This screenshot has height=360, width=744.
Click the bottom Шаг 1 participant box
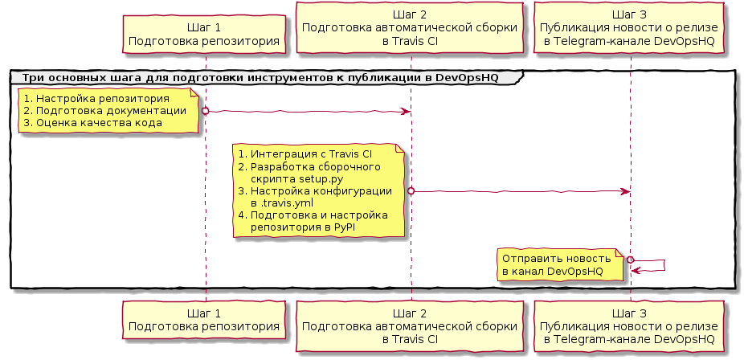tap(204, 321)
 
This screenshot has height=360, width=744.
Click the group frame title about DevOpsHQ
tap(265, 77)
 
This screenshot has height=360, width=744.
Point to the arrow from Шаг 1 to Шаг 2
tap(309, 111)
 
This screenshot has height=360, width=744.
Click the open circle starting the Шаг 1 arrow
tap(205, 110)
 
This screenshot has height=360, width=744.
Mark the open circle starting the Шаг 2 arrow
tap(411, 190)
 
